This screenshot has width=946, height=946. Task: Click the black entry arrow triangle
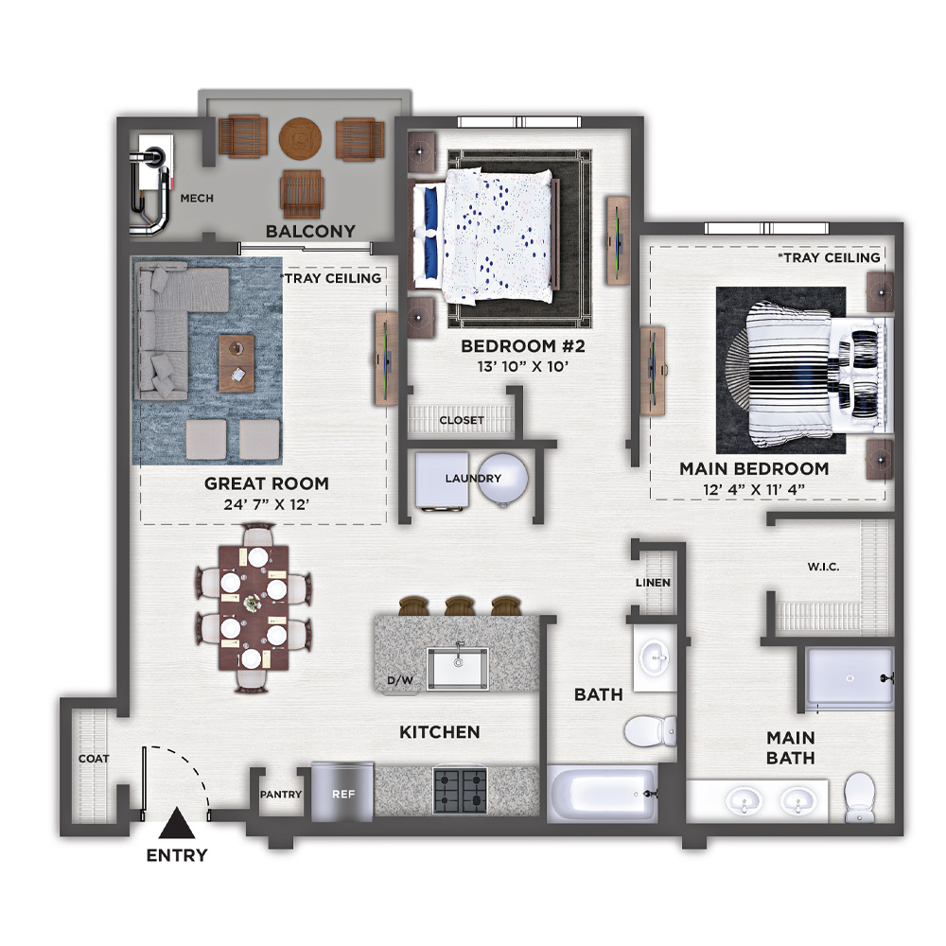click(177, 824)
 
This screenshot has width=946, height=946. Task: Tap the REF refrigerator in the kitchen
click(342, 792)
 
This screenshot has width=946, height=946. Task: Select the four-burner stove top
click(461, 791)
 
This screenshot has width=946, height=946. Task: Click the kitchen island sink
click(457, 668)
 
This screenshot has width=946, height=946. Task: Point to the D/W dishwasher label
click(400, 680)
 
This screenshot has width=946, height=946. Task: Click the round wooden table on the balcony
click(300, 138)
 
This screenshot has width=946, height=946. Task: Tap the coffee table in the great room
click(236, 363)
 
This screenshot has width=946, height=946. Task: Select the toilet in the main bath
click(860, 797)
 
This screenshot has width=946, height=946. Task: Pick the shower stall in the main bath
click(850, 678)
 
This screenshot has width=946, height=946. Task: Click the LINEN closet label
click(653, 583)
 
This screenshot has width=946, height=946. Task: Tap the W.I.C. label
click(824, 567)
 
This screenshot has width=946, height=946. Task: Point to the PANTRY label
click(281, 795)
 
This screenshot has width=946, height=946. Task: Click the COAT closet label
click(94, 759)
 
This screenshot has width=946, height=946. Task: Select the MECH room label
click(197, 198)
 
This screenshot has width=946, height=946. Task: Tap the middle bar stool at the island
click(460, 605)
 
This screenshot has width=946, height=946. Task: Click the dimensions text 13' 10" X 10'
click(523, 366)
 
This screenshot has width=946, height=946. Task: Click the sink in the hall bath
click(655, 657)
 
